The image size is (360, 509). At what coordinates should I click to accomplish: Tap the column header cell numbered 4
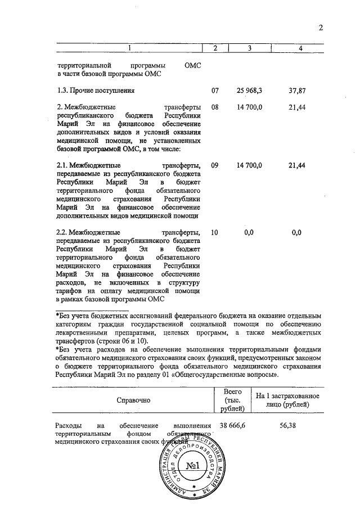point(300,49)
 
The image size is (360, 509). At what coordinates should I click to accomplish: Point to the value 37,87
point(296,90)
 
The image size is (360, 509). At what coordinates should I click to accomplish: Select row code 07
point(214,90)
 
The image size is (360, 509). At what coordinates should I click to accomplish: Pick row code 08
point(214,106)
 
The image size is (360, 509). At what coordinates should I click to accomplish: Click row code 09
point(214,165)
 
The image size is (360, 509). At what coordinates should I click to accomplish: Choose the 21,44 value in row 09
point(296,165)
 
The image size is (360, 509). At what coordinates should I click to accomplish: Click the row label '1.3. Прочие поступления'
point(95,90)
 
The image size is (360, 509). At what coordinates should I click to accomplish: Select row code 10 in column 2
point(214,232)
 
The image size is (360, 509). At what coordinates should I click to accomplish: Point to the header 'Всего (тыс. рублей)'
point(233,400)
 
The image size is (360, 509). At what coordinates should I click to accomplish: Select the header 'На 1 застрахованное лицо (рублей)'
point(287,400)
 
